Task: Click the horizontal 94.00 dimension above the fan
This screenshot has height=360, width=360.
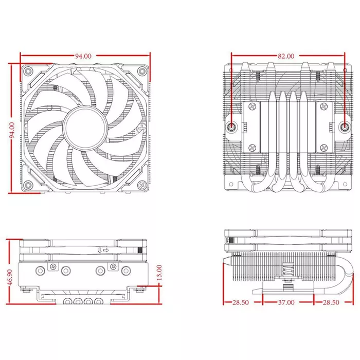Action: (83, 56)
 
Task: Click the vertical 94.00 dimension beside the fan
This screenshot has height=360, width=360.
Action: (12, 130)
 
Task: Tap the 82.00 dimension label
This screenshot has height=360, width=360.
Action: (286, 56)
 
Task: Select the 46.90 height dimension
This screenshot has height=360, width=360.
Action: (10, 277)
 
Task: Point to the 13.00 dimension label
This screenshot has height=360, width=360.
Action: (159, 273)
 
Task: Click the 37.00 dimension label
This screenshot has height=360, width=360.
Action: (286, 302)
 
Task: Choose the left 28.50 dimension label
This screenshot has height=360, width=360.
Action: (240, 302)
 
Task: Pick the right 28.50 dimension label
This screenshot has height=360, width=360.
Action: (331, 302)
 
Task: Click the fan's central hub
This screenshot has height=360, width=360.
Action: (85, 128)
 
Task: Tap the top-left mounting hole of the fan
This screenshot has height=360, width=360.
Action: (28, 71)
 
